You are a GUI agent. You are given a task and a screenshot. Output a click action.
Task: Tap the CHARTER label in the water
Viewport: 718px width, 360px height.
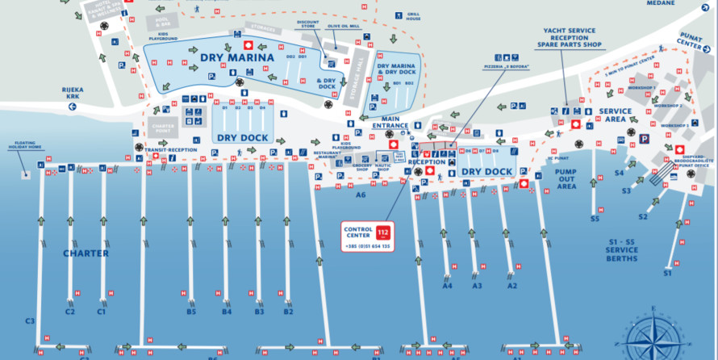pos(86,253)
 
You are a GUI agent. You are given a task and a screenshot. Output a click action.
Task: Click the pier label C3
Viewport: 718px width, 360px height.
pos(30,321)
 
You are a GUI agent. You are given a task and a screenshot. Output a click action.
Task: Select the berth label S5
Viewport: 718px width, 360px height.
pos(595,219)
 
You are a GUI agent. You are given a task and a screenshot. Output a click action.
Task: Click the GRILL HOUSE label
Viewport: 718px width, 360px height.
pos(413,15)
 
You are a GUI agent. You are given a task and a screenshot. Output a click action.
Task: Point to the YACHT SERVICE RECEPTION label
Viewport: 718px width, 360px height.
pos(570,36)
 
